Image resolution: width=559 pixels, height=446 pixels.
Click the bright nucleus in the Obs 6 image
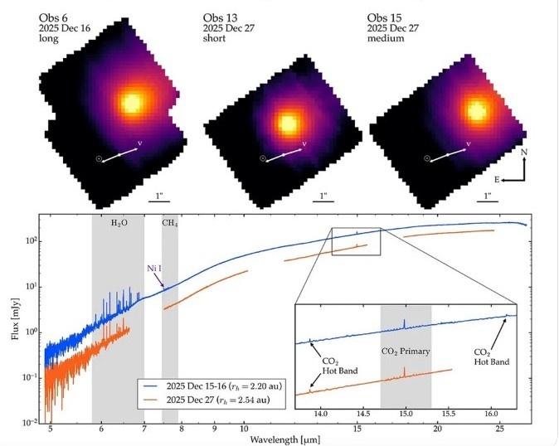click(x=131, y=103)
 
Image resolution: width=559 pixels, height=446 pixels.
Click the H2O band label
click(x=119, y=224)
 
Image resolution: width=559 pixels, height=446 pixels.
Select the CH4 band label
click(x=169, y=224)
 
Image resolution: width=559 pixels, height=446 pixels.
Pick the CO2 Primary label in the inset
click(x=406, y=351)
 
